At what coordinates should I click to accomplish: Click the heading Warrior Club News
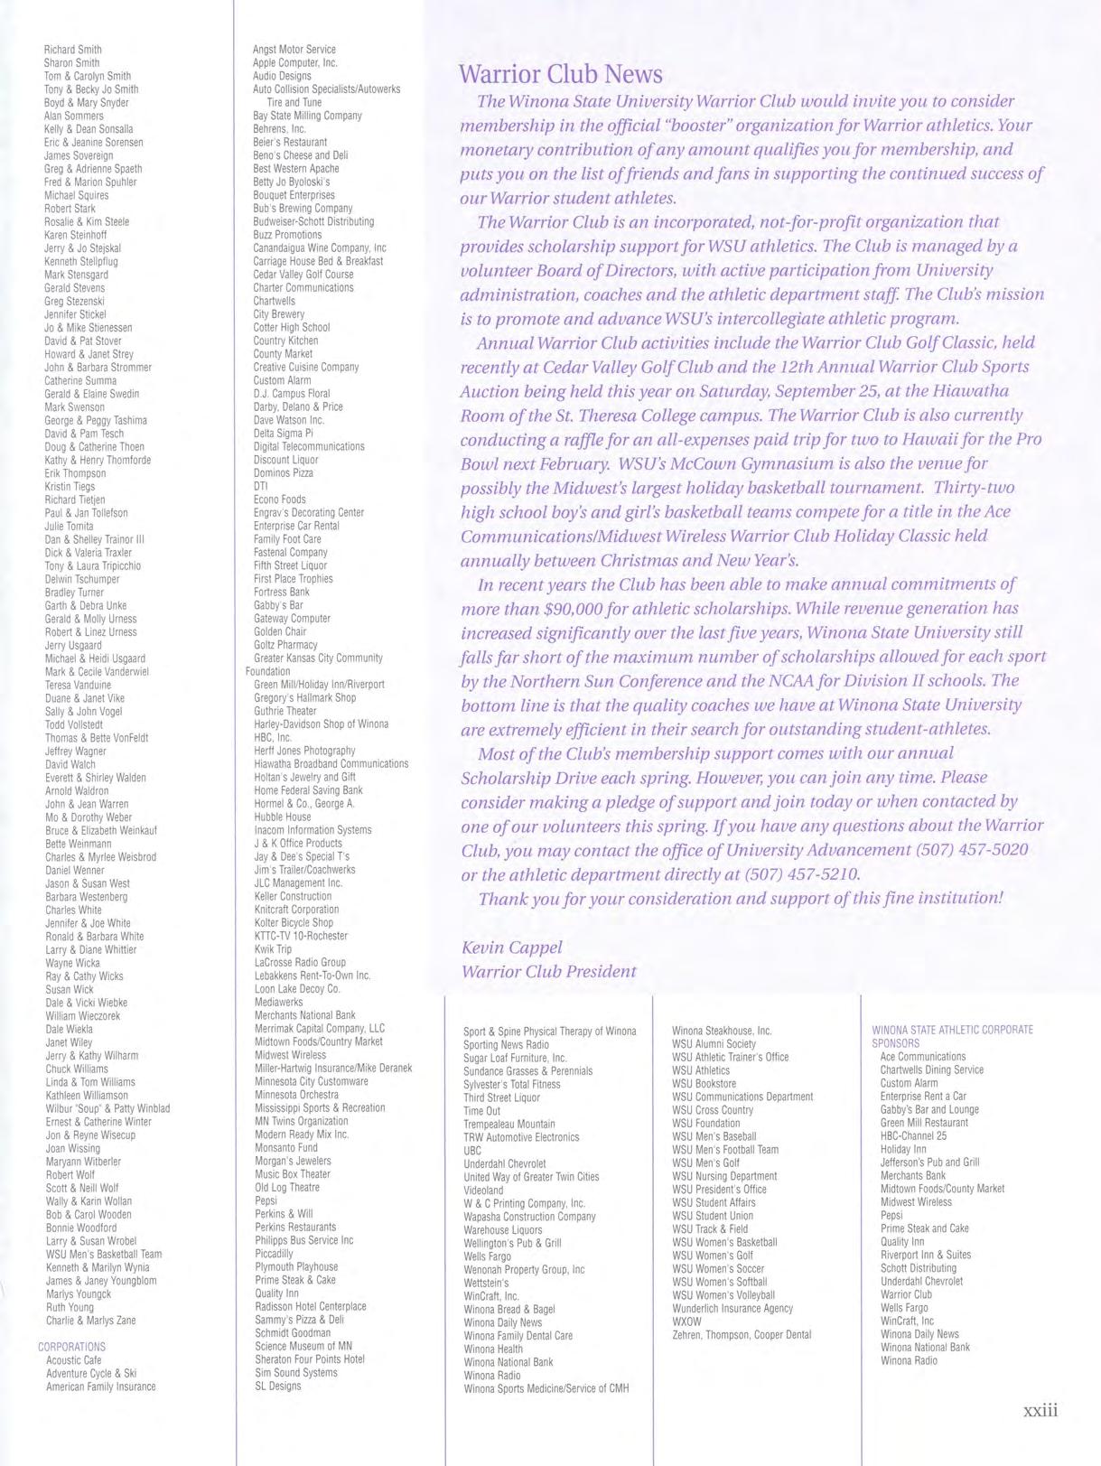click(560, 74)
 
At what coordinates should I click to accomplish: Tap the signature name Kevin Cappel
click(511, 948)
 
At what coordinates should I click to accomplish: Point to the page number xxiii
click(1040, 1410)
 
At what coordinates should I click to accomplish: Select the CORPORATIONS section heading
click(71, 1347)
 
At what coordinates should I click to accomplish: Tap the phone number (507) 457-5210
click(801, 874)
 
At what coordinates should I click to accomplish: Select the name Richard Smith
click(73, 50)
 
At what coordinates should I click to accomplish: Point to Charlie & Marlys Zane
click(90, 1321)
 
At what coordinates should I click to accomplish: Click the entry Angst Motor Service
click(294, 50)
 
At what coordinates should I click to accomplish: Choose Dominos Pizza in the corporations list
click(284, 472)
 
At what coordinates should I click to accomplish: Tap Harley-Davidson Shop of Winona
click(322, 724)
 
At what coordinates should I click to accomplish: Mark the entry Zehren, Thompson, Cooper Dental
click(742, 1335)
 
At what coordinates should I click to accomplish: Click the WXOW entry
click(686, 1321)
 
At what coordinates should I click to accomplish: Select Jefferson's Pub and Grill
click(929, 1163)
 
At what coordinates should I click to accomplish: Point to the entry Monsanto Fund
click(286, 1148)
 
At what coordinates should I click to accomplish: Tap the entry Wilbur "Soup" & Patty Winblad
click(107, 1108)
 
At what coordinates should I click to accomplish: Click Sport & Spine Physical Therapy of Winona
click(549, 1032)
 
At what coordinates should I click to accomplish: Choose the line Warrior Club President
click(548, 972)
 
